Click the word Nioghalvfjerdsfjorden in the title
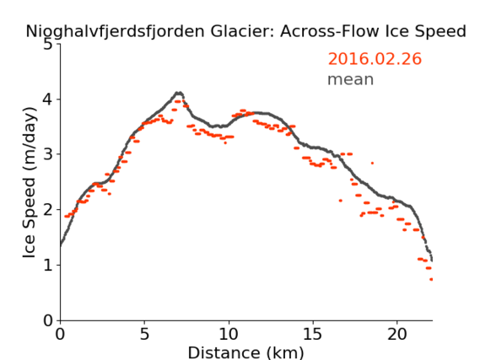pos(115,31)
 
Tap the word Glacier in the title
pos(240,31)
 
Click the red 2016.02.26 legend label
pos(375,59)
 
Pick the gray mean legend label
pos(351,79)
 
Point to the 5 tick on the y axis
pos(48,45)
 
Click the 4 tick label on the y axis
pos(48,99)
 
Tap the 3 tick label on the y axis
pos(48,154)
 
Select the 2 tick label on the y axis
pos(48,210)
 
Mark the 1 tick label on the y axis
pos(48,266)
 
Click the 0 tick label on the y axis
pos(48,320)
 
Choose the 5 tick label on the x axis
pos(144,335)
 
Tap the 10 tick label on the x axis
pos(229,335)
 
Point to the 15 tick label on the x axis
pos(313,335)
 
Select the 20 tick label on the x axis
pos(397,335)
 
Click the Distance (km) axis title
pos(245,352)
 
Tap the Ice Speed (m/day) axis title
pos(30,183)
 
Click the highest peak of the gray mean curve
pos(179,93)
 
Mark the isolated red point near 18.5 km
pos(372,163)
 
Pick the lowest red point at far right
pos(431,279)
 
